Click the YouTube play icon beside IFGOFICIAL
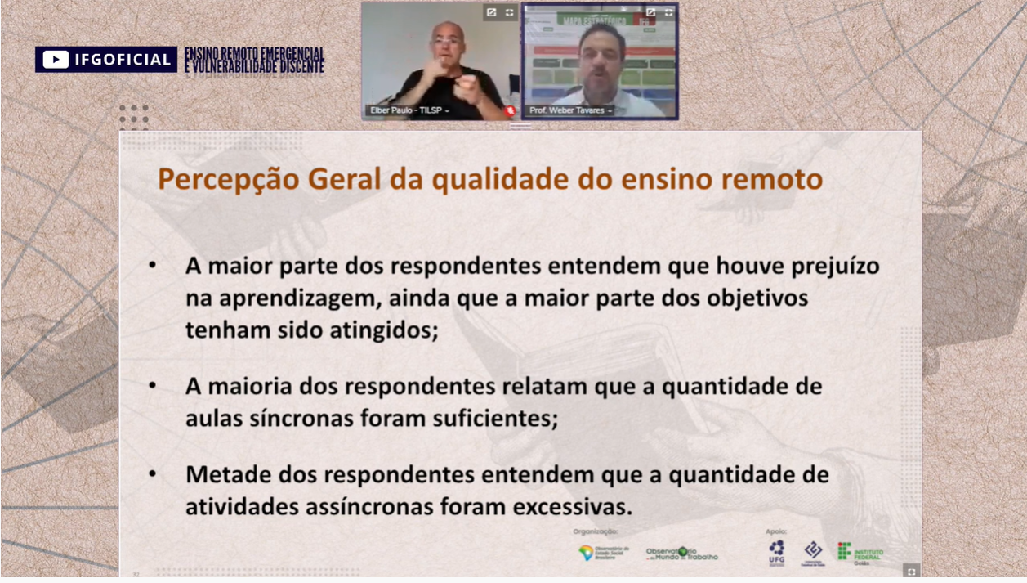(x=56, y=60)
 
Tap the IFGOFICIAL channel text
(x=123, y=60)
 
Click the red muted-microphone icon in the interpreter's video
(x=510, y=110)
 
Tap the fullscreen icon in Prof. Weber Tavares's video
(x=668, y=12)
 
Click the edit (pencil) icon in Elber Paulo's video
(x=491, y=12)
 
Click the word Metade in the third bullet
(x=228, y=474)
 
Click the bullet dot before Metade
(x=153, y=474)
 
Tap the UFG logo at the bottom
(x=776, y=552)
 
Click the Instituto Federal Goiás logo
(x=860, y=552)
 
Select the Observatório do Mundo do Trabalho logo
(x=682, y=554)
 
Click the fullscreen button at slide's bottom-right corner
(x=911, y=571)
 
